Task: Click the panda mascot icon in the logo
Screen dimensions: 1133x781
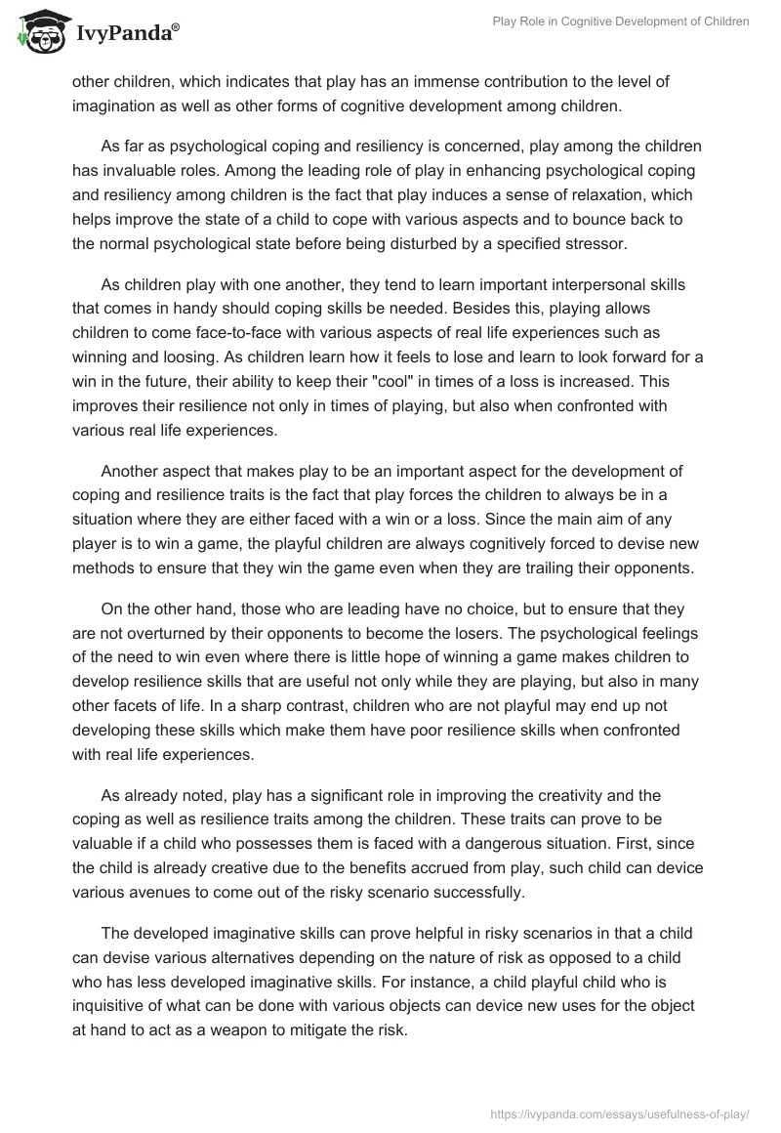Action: [37, 32]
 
